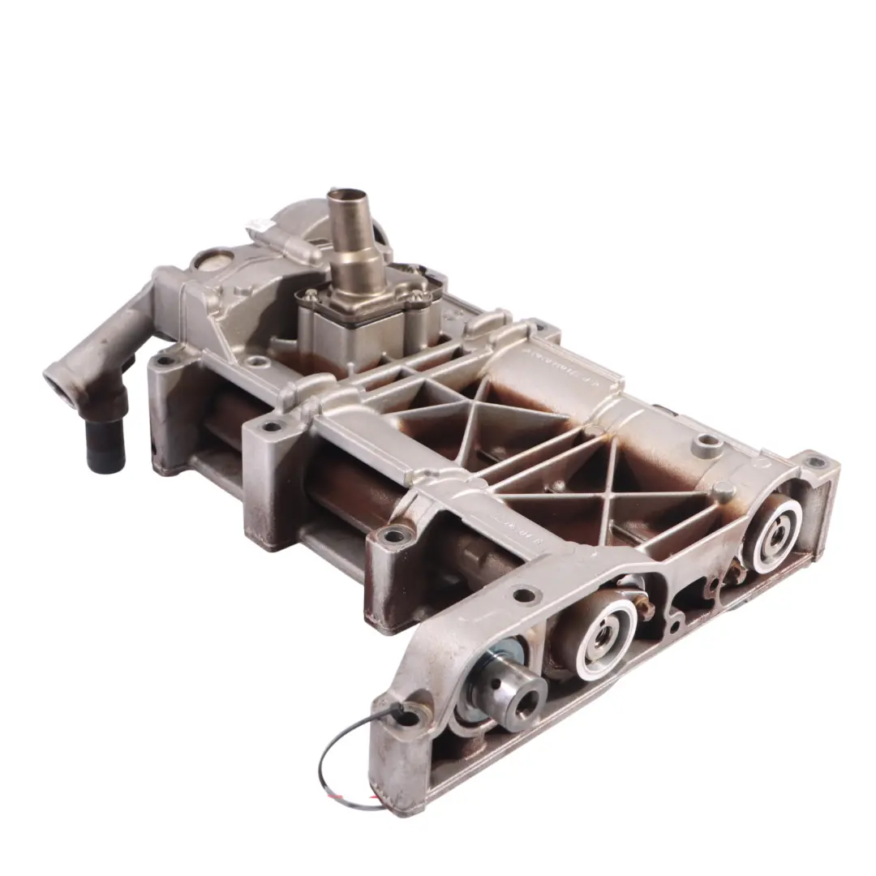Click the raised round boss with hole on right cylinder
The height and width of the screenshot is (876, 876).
tap(709, 443)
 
